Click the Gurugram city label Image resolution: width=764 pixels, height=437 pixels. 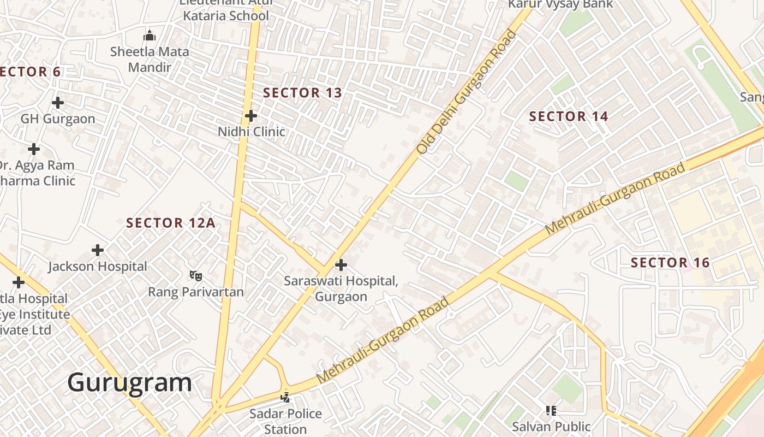pyautogui.click(x=129, y=382)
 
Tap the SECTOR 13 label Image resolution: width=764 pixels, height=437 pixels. pyautogui.click(x=302, y=93)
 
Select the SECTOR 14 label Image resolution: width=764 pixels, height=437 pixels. pyautogui.click(x=569, y=116)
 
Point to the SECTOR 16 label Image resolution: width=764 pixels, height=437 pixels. pyautogui.click(x=670, y=263)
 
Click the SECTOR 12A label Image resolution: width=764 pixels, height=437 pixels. pyautogui.click(x=170, y=223)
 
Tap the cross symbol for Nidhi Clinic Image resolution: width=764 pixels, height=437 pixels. pyautogui.click(x=251, y=116)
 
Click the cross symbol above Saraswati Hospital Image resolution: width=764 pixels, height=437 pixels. pyautogui.click(x=341, y=265)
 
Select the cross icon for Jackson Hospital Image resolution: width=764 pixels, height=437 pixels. pyautogui.click(x=98, y=250)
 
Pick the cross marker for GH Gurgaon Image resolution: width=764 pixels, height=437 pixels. pyautogui.click(x=57, y=102)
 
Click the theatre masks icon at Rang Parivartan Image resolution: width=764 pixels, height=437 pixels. pyautogui.click(x=195, y=276)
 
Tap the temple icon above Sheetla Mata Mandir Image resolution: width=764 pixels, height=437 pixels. pyautogui.click(x=150, y=36)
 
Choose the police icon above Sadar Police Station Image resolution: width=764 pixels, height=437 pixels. pyautogui.click(x=285, y=397)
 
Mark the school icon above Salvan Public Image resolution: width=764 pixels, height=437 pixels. pyautogui.click(x=551, y=410)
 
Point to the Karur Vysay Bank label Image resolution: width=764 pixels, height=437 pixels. pyautogui.click(x=560, y=4)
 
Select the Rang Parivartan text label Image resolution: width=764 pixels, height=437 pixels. pyautogui.click(x=196, y=292)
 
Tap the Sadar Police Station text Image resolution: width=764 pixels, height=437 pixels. pyautogui.click(x=285, y=421)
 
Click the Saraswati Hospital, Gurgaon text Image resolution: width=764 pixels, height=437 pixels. pyautogui.click(x=341, y=288)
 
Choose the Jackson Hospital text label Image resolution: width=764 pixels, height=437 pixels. pyautogui.click(x=98, y=267)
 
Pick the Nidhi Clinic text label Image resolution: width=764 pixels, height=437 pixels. pyautogui.click(x=251, y=132)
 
